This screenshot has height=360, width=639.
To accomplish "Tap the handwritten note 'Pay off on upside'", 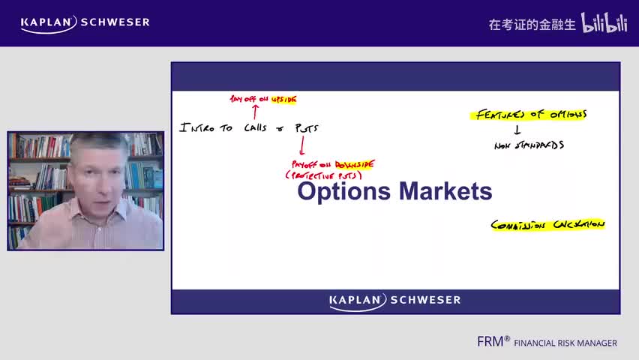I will [x=263, y=99].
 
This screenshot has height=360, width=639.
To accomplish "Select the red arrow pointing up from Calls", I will [x=255, y=112].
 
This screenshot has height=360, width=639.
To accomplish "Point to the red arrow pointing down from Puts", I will [x=301, y=145].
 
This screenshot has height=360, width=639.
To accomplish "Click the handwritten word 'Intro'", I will [x=196, y=128].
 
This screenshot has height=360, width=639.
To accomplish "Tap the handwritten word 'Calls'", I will [x=255, y=128].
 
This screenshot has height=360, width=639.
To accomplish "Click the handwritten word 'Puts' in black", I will [x=307, y=128].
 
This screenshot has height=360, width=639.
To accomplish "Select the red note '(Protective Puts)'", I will [x=323, y=175].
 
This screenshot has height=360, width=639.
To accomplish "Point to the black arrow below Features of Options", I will [x=517, y=130].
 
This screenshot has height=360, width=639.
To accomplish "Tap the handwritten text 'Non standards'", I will [x=529, y=145].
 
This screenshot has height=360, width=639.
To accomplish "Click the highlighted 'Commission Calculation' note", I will [x=547, y=224].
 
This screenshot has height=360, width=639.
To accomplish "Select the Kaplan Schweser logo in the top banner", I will [x=85, y=22].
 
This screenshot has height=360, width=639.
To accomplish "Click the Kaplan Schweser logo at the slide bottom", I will [x=395, y=301].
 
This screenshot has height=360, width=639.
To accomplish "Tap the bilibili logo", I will [x=604, y=23].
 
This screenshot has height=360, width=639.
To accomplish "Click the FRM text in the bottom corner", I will [x=493, y=341].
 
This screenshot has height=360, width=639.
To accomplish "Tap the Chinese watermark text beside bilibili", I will [x=532, y=24].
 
